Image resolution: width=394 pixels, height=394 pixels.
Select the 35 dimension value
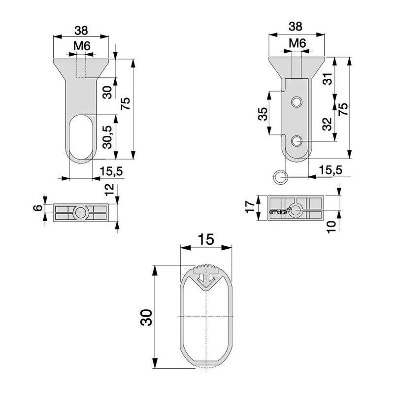pos(263,115)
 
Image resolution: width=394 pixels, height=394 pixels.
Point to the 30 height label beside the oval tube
pos(146,318)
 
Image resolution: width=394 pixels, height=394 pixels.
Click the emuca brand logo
pos(279,212)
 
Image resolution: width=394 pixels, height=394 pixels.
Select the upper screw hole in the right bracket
pos(296,102)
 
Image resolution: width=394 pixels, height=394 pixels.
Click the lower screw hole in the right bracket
pos(296,141)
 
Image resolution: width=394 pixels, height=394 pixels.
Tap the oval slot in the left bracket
pos(81,137)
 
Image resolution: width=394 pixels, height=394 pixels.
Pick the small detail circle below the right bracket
pos(280,176)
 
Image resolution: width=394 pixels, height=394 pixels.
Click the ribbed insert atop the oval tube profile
pos(206,271)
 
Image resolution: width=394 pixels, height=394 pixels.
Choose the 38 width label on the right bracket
pos(297,26)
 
